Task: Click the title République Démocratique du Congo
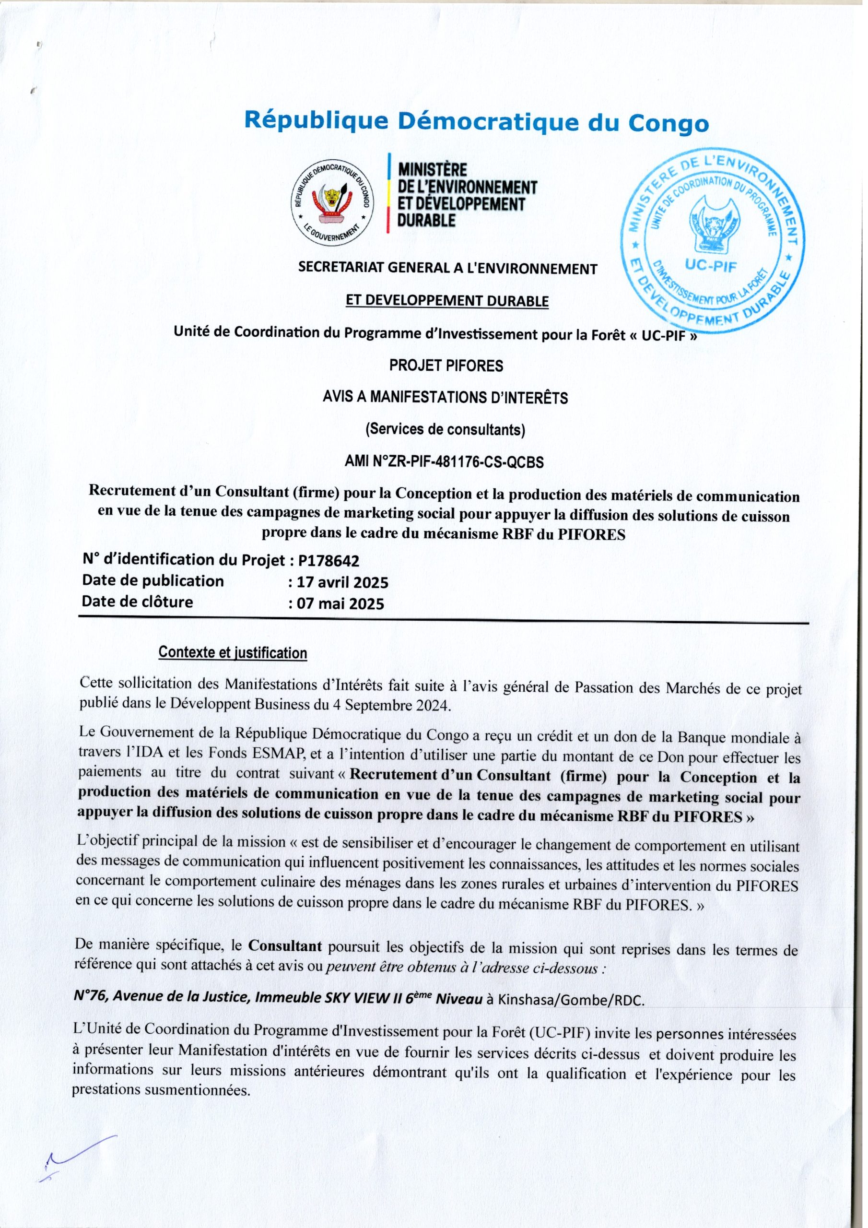pyautogui.click(x=476, y=121)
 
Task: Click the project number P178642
pyautogui.click(x=329, y=561)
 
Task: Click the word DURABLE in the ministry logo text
pyautogui.click(x=426, y=220)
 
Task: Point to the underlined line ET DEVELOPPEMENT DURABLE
pyautogui.click(x=447, y=301)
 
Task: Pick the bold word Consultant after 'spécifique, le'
pyautogui.click(x=284, y=946)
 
